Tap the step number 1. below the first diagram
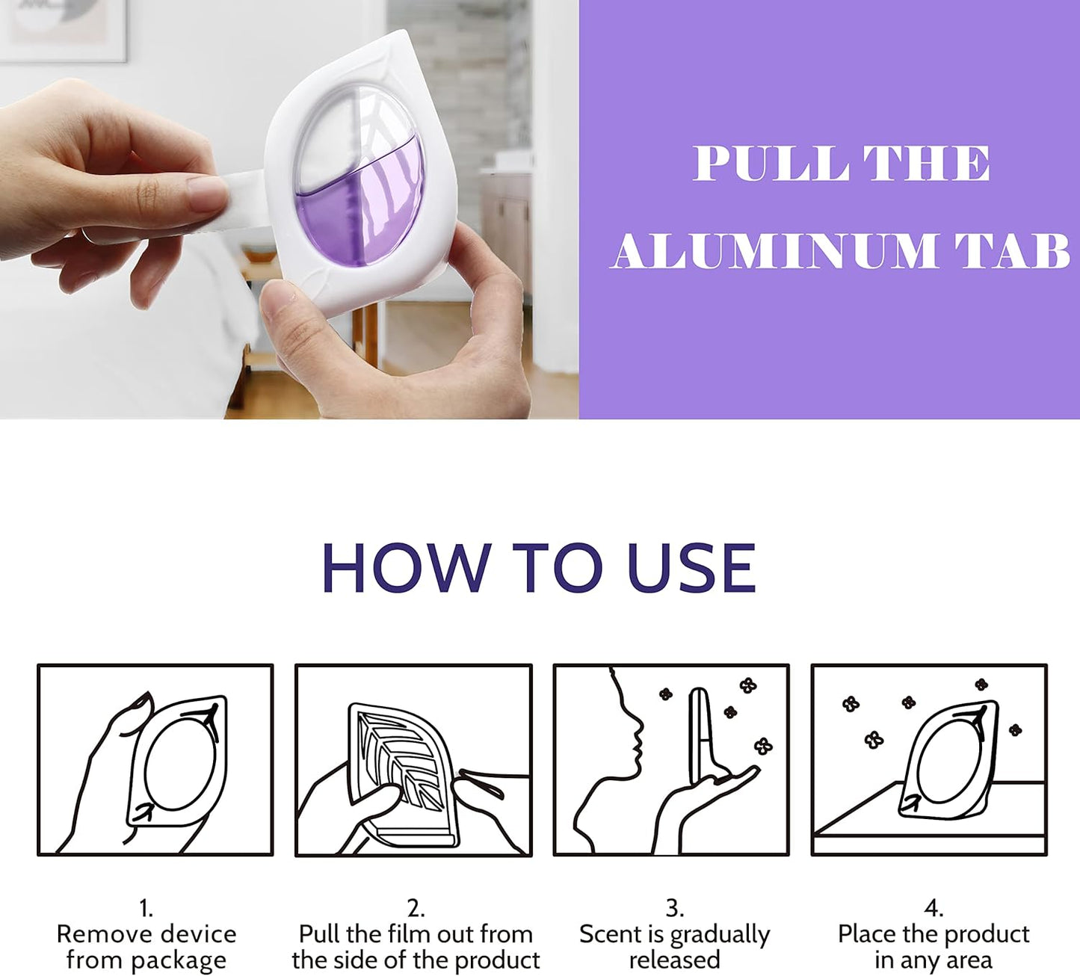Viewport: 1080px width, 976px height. pos(146,908)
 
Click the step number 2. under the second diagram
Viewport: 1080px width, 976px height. pos(416,908)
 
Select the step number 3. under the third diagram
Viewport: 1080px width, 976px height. pos(674,908)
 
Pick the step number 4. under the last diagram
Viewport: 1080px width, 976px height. pos(933,908)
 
